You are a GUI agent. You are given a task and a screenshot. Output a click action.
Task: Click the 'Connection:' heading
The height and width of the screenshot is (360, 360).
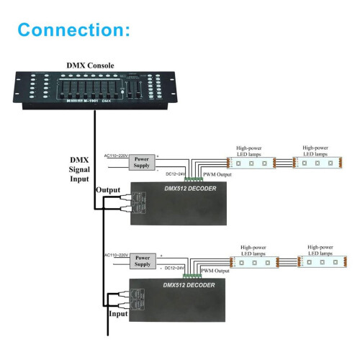pos(73,30)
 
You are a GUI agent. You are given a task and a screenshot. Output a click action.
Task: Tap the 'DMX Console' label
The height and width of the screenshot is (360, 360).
pos(91,66)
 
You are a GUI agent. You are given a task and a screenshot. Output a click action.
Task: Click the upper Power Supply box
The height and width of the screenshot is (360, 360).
pos(143,163)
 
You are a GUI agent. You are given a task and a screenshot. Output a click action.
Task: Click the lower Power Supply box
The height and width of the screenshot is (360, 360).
pos(143,261)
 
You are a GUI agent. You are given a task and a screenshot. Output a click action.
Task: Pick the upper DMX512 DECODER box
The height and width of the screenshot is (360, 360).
pos(176,204)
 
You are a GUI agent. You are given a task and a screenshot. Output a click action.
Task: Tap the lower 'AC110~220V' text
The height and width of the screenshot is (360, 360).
pos(116,256)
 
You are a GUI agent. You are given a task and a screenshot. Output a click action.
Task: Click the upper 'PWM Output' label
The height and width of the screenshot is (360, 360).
pos(218,174)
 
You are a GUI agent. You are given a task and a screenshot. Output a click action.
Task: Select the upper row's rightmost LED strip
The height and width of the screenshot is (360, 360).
pos(320,163)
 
